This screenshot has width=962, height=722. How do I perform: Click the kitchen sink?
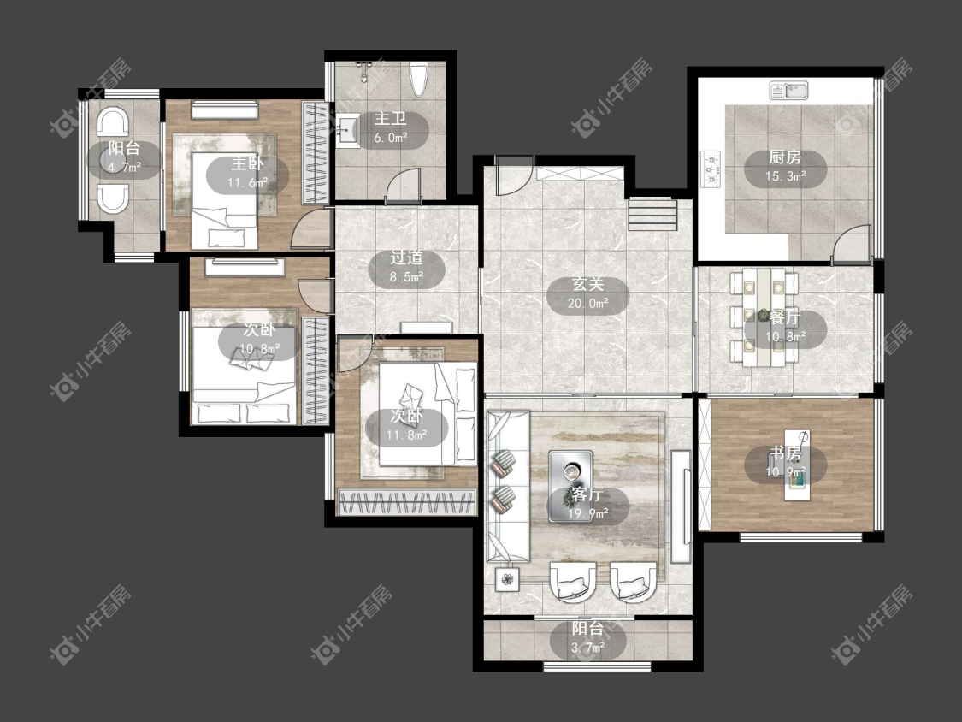pos(789,91)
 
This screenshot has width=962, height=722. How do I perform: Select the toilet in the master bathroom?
pos(418,80)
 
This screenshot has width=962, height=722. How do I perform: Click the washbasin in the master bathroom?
pos(348,132)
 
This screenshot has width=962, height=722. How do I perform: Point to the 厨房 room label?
pos(785,157)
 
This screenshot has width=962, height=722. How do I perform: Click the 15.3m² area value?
pos(785,177)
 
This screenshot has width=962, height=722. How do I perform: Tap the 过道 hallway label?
pos(406,258)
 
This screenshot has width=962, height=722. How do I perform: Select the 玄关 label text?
pos(587,284)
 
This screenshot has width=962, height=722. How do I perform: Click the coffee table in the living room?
pos(570,486)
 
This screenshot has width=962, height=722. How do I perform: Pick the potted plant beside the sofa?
pos(507,578)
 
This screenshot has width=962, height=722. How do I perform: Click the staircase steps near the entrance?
pos(652,214)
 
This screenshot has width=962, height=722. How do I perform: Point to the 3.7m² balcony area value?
pos(587,648)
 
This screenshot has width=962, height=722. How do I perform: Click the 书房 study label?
pos(785,453)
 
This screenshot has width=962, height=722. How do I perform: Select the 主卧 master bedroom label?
pos(247,163)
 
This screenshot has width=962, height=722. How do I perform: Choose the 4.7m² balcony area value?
pos(125,167)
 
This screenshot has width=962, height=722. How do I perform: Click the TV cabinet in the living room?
pos(681,506)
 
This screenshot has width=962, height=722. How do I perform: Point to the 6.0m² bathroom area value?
pos(391,138)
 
